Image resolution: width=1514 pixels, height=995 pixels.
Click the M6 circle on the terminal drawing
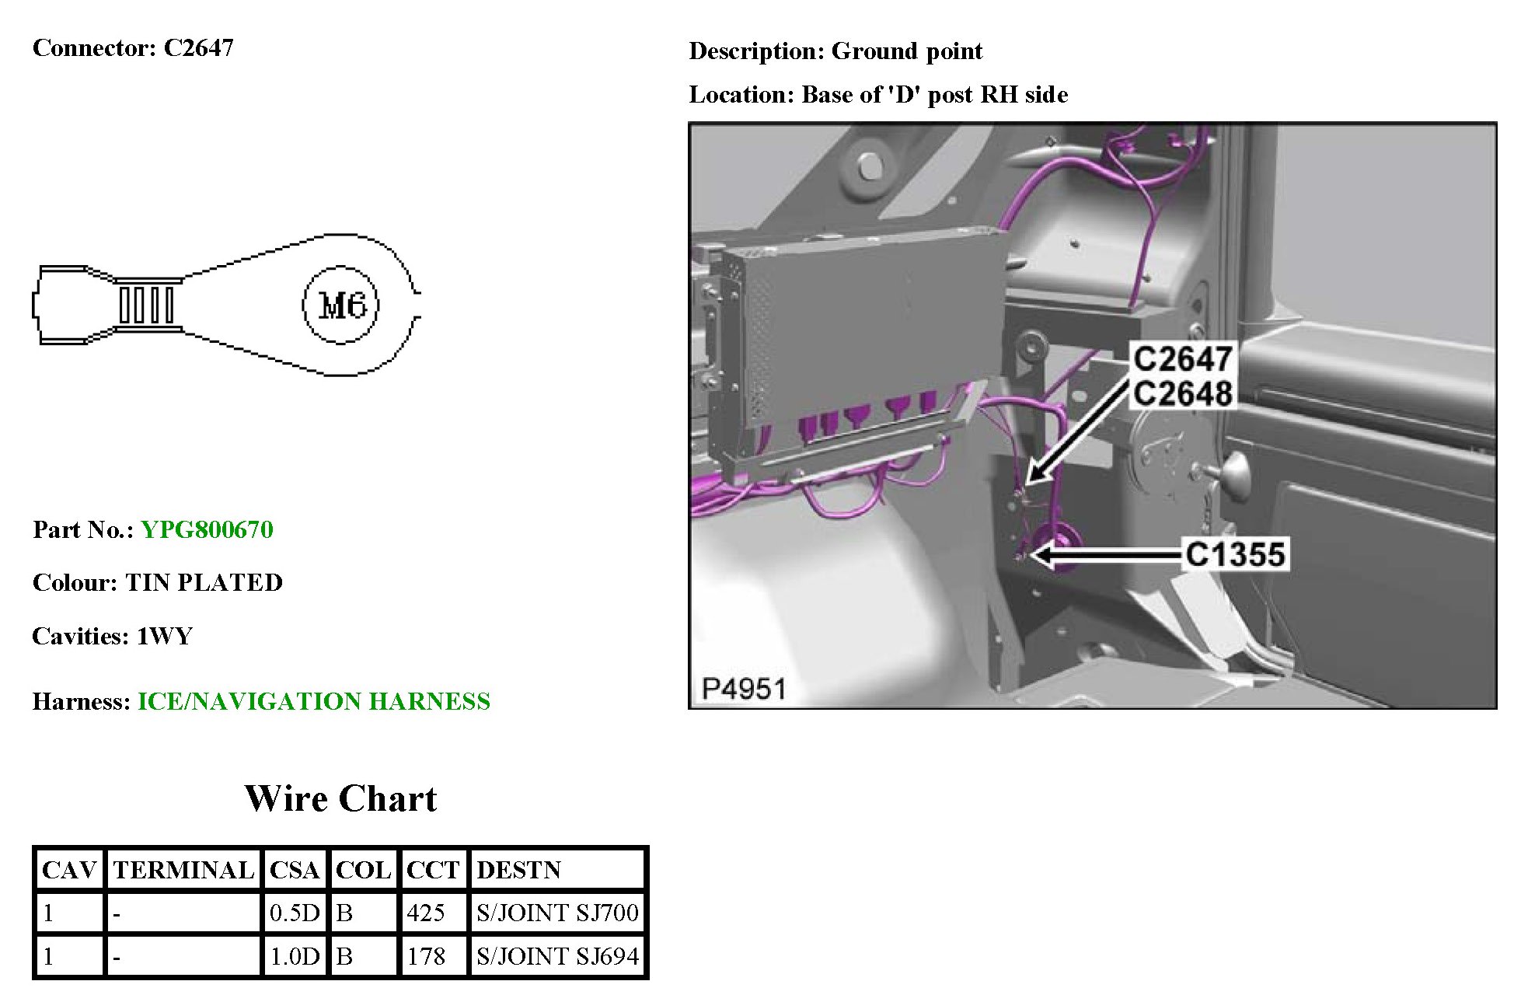click(340, 305)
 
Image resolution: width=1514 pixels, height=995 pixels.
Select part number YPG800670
click(207, 530)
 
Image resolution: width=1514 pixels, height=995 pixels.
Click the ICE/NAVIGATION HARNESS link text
click(314, 702)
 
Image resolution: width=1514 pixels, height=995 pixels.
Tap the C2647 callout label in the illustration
click(1182, 359)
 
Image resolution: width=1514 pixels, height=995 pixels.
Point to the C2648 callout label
click(1182, 393)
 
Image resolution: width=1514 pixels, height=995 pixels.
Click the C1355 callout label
click(1235, 554)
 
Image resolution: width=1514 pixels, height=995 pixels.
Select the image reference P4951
click(744, 689)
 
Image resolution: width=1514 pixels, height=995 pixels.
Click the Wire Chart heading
click(340, 798)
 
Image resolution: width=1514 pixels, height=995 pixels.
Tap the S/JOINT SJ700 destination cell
click(557, 913)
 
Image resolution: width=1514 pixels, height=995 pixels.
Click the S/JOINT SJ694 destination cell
click(557, 956)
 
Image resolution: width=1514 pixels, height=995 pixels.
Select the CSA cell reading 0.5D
click(295, 913)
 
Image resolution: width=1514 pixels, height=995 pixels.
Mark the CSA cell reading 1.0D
click(295, 956)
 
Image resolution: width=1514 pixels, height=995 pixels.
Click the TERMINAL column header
click(183, 870)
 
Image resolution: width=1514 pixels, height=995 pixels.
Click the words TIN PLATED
click(204, 583)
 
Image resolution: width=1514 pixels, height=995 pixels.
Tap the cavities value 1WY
click(164, 637)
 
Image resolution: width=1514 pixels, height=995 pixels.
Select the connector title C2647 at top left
click(198, 48)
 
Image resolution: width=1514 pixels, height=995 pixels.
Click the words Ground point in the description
click(907, 51)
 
